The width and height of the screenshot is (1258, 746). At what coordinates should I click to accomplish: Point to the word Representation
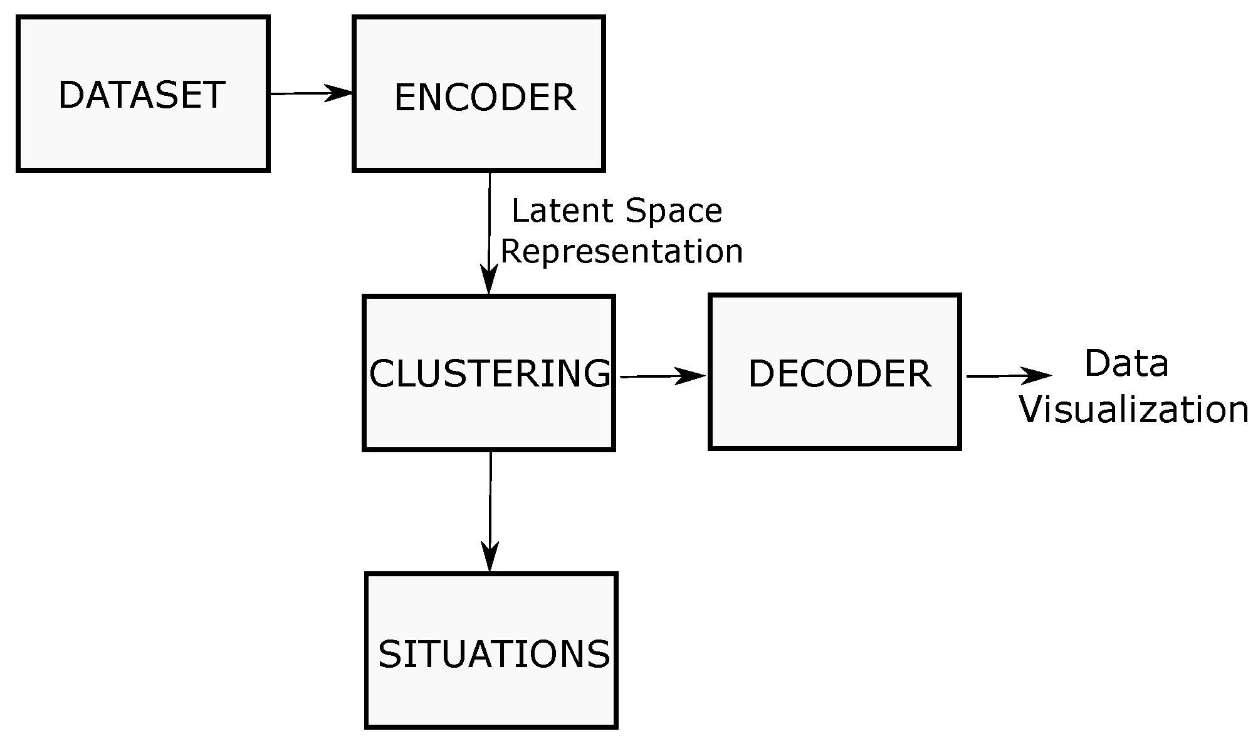(621, 251)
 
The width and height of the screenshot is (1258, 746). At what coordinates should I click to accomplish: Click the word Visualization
(1133, 410)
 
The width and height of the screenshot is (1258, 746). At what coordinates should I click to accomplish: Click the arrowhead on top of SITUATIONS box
(490, 557)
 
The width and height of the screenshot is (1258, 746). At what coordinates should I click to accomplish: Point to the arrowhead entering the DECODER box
(693, 376)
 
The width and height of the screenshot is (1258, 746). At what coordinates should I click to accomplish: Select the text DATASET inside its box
(142, 95)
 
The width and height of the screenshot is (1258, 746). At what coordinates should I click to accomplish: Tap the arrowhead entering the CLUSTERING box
(488, 280)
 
